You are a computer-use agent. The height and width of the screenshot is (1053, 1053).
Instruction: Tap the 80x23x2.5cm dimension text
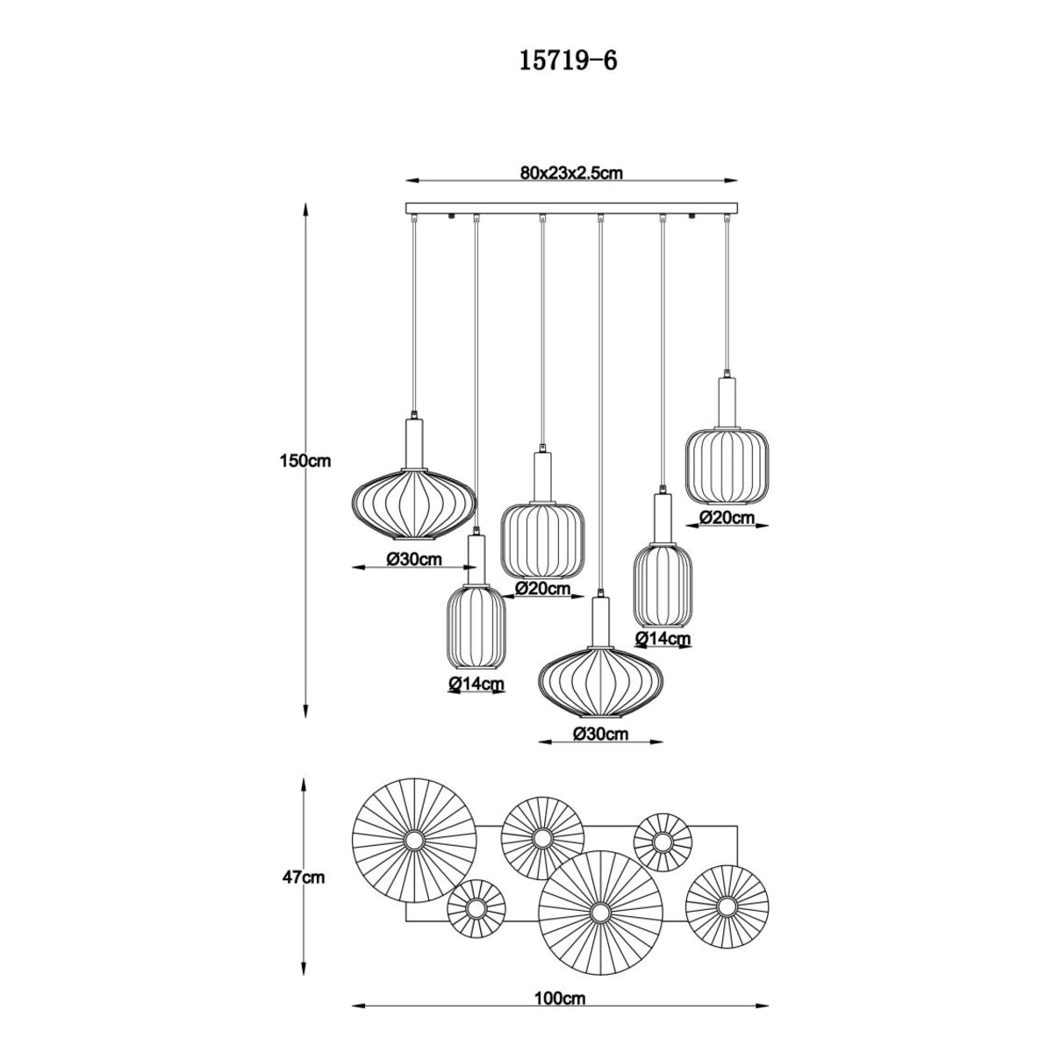click(570, 173)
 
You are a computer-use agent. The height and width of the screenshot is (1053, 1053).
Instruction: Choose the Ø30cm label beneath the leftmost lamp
click(413, 560)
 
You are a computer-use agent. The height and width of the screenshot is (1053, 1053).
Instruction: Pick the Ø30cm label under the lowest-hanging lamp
click(599, 734)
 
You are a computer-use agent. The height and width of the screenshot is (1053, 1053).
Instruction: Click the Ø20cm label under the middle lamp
click(542, 588)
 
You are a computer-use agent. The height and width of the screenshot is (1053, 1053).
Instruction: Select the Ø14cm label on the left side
click(476, 683)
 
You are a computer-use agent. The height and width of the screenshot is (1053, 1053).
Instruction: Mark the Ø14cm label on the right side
click(663, 638)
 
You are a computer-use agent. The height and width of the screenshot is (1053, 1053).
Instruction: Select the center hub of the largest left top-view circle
click(413, 840)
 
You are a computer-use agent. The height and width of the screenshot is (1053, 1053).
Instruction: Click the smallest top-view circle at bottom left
click(476, 909)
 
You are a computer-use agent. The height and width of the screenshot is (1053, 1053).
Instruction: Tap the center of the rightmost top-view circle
click(727, 906)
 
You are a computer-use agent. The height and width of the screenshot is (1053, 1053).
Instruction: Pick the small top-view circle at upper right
click(663, 843)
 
